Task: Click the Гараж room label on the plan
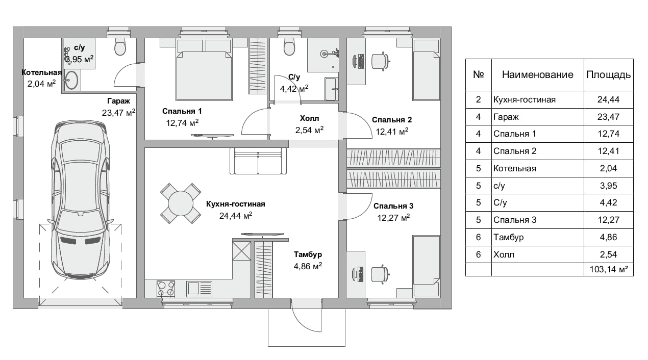(118, 101)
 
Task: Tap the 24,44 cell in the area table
(608, 99)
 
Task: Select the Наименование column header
(537, 74)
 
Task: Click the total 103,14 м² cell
(609, 269)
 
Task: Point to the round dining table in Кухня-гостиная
(181, 203)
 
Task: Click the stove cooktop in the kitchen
(165, 289)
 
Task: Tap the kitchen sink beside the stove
(199, 289)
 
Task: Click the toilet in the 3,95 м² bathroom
(120, 46)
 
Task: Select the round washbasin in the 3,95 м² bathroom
(71, 80)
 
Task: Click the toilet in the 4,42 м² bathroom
(289, 46)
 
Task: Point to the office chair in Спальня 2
(380, 61)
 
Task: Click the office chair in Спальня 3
(379, 274)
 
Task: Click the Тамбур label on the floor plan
(308, 254)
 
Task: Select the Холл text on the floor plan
(309, 118)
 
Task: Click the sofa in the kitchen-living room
(258, 161)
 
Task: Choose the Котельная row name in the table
(515, 168)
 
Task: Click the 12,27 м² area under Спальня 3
(393, 217)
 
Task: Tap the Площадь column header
(608, 74)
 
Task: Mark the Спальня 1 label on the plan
(182, 111)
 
